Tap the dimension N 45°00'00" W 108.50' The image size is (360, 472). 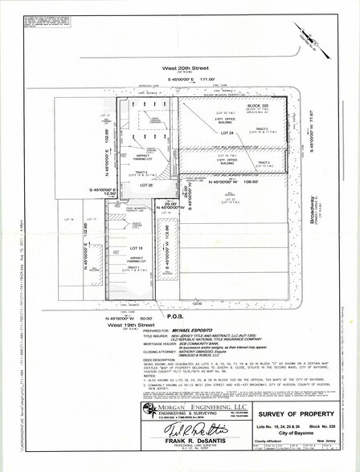[233, 183]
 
